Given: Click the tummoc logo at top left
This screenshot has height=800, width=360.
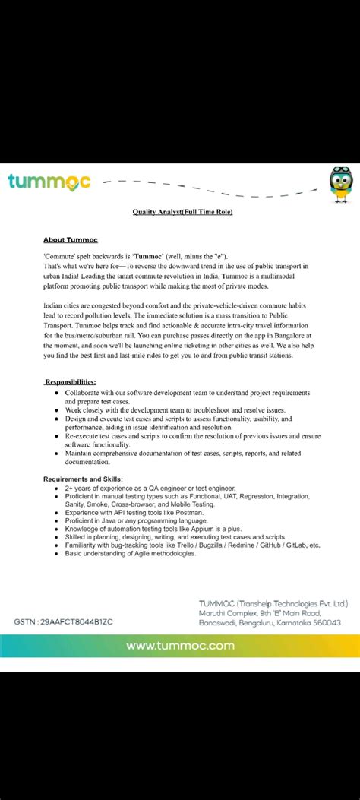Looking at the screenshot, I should point(49,182).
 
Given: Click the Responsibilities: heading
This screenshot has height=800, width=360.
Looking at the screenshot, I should point(70,381).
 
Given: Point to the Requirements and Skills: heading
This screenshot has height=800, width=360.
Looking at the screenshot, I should point(84,479).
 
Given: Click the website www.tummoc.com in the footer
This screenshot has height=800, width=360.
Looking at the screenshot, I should point(180,646).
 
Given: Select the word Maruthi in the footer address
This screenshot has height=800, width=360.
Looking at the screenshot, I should point(216,612).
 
